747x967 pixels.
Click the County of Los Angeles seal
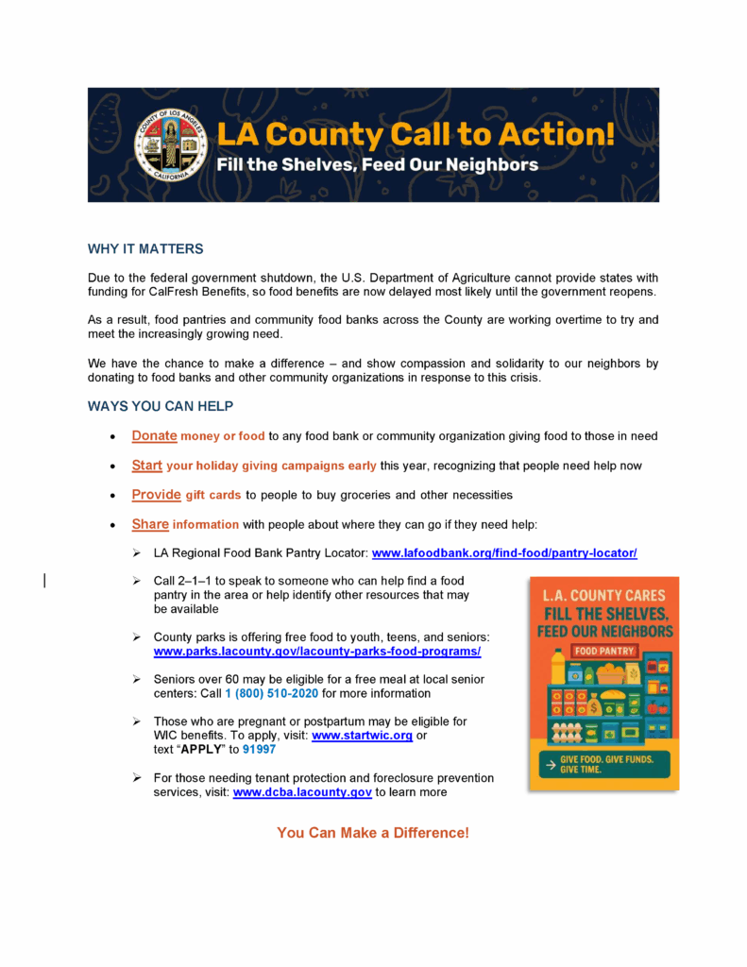tap(170, 144)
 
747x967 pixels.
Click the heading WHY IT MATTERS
tap(145, 249)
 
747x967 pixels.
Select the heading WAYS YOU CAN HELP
tap(161, 406)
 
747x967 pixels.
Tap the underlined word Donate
tap(154, 436)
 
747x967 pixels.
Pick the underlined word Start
tap(147, 466)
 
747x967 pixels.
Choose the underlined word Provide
tap(156, 495)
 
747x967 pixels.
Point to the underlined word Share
tap(150, 524)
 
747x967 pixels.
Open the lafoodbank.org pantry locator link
tap(504, 553)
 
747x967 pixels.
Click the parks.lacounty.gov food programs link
tap(317, 653)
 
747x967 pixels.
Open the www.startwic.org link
tap(362, 736)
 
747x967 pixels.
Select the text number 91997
tap(259, 750)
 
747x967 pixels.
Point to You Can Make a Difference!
tap(373, 833)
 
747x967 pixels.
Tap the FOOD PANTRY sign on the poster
tap(603, 652)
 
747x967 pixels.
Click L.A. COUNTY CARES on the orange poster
tap(603, 596)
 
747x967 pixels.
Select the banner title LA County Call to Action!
tap(416, 133)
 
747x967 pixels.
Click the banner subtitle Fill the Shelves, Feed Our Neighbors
tap(377, 165)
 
